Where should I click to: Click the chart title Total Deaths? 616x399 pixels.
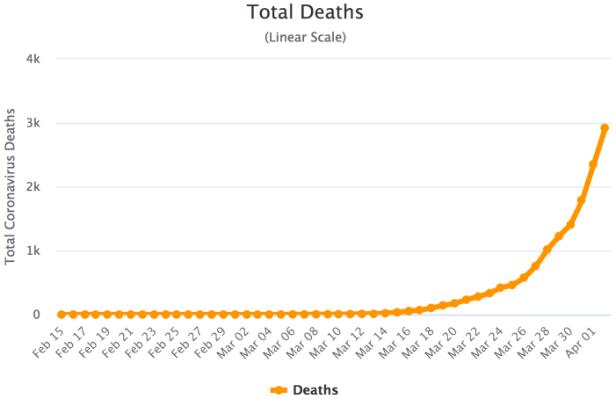coord(305,13)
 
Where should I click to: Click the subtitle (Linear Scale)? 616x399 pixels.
coord(305,38)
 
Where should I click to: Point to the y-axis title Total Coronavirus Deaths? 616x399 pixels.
coord(11,186)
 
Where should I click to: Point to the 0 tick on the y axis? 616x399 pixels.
coord(37,315)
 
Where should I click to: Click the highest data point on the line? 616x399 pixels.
coord(605,128)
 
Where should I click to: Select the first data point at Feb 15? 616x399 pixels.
coord(62,314)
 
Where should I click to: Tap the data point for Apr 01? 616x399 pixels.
coord(593,164)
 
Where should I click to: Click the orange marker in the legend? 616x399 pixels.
coord(279,389)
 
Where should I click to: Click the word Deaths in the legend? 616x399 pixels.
coord(315,389)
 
